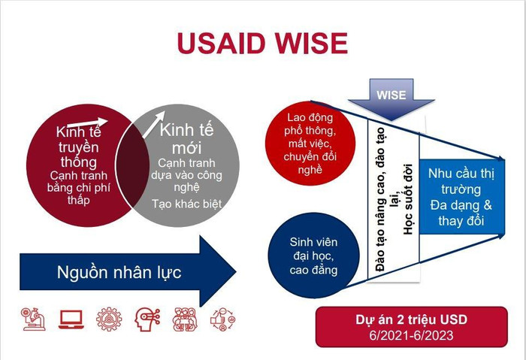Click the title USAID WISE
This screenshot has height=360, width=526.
click(262, 43)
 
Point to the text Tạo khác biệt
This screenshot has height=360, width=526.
click(186, 204)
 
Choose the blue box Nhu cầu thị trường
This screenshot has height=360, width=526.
click(461, 196)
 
